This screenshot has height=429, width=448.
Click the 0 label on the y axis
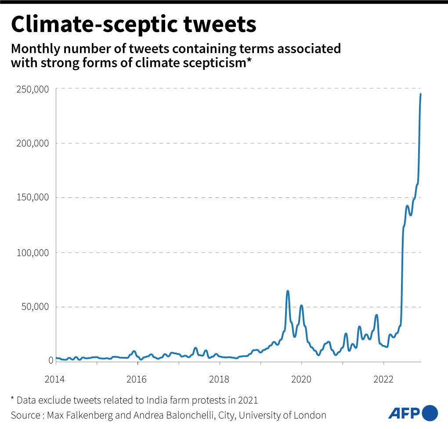[x=51, y=360]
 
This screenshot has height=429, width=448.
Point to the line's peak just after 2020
[x=301, y=305]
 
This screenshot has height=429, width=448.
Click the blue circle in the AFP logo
[x=430, y=413]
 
